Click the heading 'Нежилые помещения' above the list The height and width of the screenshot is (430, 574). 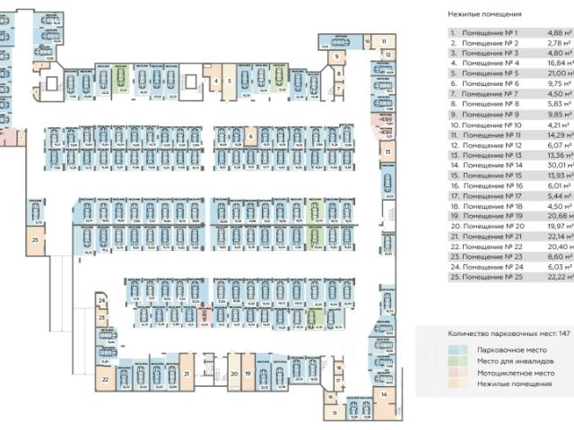[x=483, y=13]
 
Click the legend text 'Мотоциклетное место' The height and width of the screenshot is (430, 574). [x=516, y=373]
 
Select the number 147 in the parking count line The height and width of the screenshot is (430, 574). [x=564, y=333]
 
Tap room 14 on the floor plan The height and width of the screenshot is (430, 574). [x=383, y=394]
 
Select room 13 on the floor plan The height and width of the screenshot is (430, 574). [x=387, y=153]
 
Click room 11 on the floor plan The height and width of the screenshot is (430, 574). [x=383, y=42]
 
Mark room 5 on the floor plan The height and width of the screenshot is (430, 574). [x=229, y=80]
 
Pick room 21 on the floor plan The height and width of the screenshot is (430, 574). [x=186, y=374]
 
